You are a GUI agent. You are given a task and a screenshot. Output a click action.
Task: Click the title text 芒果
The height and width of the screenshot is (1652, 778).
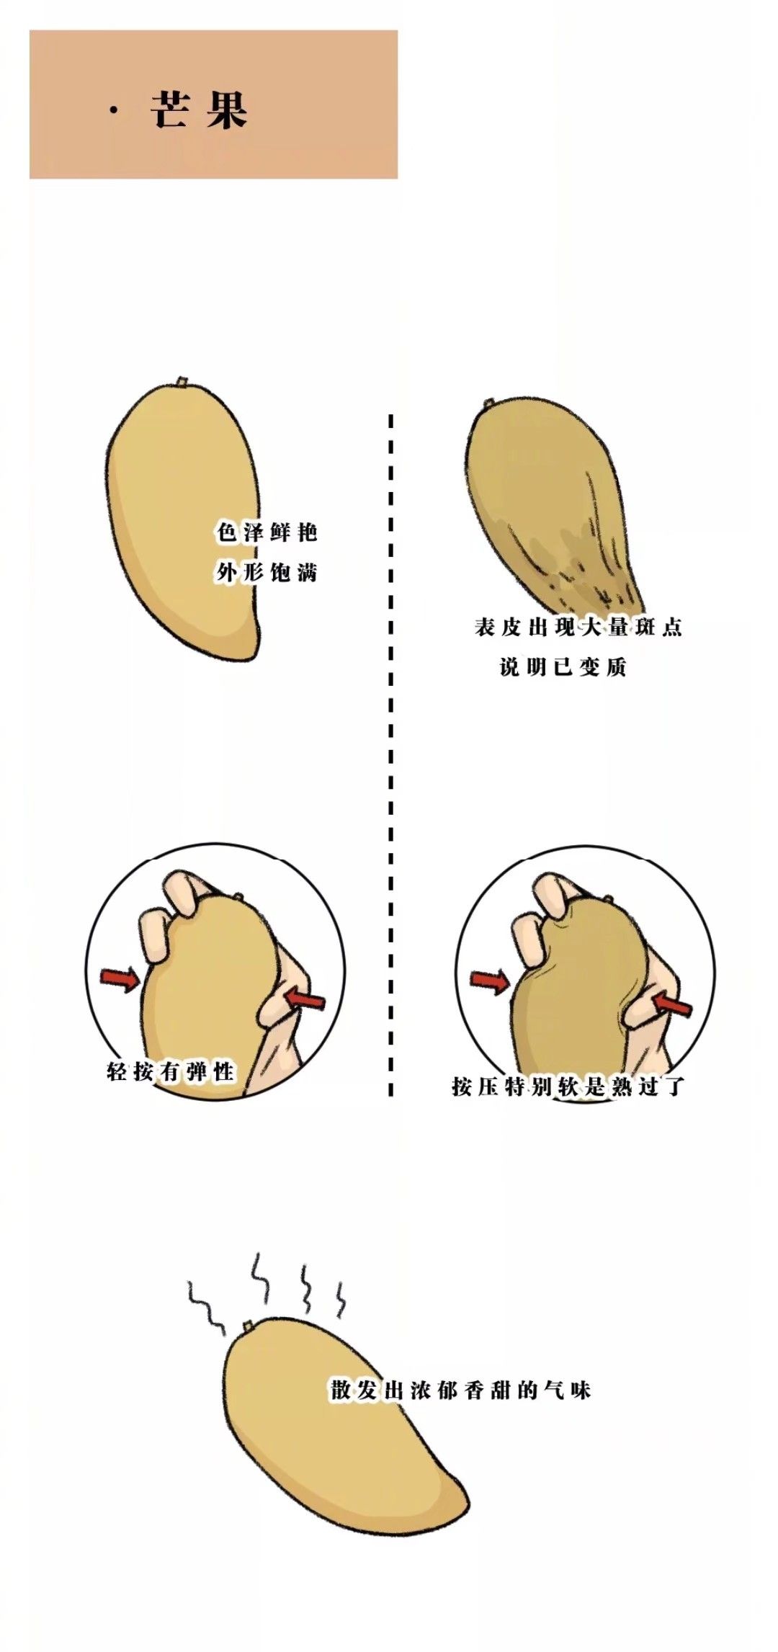coord(200,110)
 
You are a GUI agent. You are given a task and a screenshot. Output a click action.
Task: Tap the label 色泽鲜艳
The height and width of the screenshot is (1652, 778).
coord(267,532)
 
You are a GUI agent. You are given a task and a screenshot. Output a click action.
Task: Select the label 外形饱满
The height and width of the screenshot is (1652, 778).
coord(267,573)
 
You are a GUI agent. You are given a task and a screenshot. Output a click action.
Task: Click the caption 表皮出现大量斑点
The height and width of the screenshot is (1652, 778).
coord(578,627)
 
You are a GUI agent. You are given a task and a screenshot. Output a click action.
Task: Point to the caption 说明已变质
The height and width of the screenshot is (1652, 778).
coord(563,667)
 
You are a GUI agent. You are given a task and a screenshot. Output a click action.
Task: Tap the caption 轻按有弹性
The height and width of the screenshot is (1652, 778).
coord(171,1072)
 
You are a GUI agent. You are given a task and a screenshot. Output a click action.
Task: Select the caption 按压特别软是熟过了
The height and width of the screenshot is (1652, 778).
coord(568,1086)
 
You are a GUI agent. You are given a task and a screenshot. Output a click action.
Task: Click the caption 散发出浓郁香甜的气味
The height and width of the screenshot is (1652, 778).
coord(461,1390)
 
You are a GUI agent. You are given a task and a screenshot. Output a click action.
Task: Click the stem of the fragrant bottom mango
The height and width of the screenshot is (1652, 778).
coord(247,1325)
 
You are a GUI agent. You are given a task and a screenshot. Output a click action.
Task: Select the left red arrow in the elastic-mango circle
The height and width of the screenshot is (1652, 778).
coord(120,978)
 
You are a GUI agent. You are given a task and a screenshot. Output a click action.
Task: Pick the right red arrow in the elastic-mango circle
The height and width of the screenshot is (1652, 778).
coord(305,999)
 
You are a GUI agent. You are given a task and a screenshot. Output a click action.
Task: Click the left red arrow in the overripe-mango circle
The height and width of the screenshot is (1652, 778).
coord(490,981)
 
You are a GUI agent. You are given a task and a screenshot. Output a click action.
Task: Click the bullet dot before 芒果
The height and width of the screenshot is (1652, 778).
coord(113,111)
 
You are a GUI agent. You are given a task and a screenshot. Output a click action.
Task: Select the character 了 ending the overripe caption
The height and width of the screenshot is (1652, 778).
coord(674,1086)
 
